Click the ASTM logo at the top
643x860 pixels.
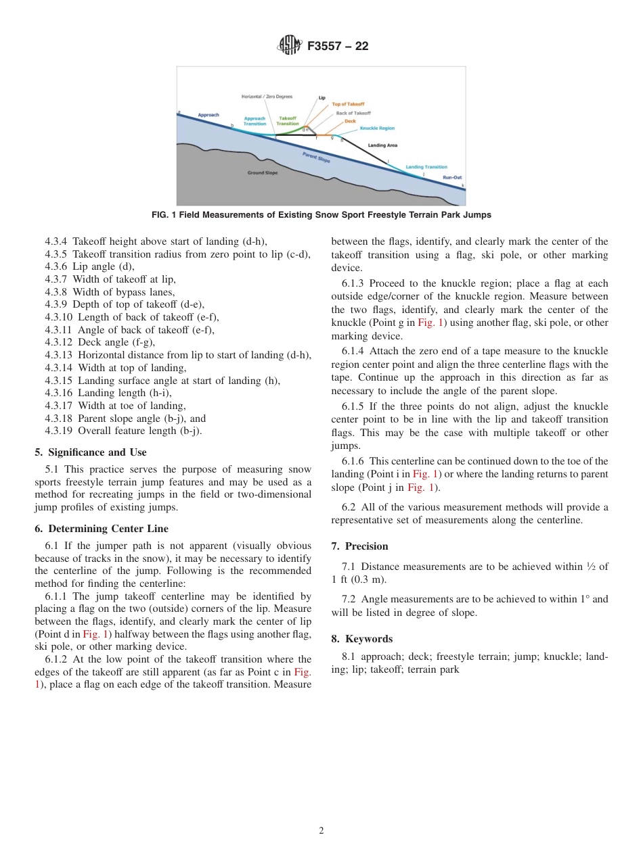pyautogui.click(x=290, y=46)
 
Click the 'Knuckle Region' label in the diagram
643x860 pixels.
pyautogui.click(x=377, y=128)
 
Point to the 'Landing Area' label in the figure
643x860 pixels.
pyautogui.click(x=382, y=145)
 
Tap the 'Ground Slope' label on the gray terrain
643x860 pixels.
pyautogui.click(x=262, y=173)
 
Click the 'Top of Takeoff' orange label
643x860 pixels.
pyautogui.click(x=349, y=104)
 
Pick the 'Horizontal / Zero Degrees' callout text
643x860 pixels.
pyautogui.click(x=267, y=97)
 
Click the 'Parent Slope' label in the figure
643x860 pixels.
pyautogui.click(x=316, y=158)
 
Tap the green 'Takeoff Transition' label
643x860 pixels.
pyautogui.click(x=288, y=121)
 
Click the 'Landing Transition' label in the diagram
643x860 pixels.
pyautogui.click(x=426, y=167)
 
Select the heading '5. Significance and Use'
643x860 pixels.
pyautogui.click(x=90, y=452)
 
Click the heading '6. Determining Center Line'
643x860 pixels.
pyautogui.click(x=102, y=529)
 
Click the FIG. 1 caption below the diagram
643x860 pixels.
pyautogui.click(x=321, y=215)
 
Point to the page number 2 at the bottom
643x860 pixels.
pyautogui.click(x=321, y=831)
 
